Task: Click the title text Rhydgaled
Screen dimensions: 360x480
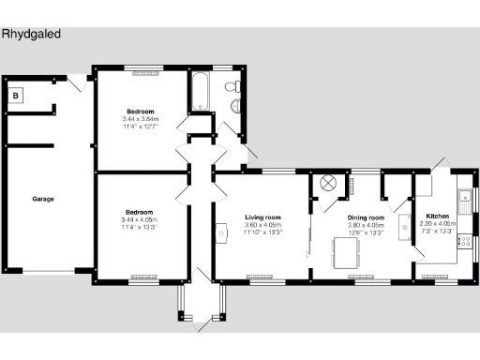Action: click(32, 33)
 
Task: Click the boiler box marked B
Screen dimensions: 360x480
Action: click(16, 95)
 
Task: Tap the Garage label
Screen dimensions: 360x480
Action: click(42, 200)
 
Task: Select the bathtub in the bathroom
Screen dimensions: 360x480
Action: click(200, 91)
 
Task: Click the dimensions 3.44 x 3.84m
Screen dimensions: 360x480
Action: click(141, 119)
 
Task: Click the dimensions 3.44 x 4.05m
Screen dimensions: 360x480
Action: click(141, 219)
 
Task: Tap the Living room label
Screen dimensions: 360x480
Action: click(263, 217)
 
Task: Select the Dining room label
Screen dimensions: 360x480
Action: click(361, 217)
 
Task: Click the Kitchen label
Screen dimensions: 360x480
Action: click(438, 217)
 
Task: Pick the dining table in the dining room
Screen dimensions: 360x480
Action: click(348, 251)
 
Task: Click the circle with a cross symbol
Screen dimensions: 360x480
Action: click(328, 183)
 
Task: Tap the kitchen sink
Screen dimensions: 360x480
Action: click(464, 198)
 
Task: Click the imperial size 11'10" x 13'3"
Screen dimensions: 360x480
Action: click(263, 232)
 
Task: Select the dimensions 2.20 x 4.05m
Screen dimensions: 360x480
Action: click(438, 224)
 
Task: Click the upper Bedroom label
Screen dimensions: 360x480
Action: click(141, 112)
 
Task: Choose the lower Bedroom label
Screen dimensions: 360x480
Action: click(141, 212)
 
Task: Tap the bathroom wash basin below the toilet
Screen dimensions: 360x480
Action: click(234, 106)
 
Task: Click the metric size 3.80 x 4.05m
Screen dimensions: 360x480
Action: click(361, 225)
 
